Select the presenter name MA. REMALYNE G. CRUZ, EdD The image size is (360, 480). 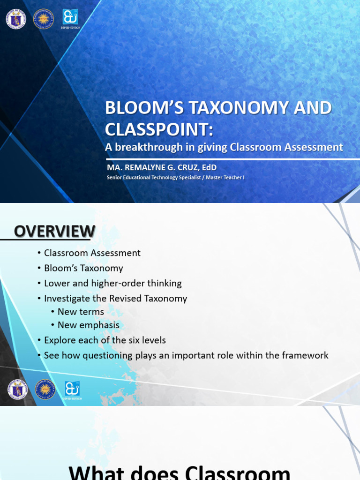(161, 167)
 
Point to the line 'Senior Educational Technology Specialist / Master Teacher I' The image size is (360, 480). (175, 178)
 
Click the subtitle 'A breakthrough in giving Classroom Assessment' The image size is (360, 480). (224, 147)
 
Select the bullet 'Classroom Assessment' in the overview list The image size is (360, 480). (92, 253)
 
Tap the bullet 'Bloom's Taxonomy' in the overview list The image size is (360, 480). (83, 268)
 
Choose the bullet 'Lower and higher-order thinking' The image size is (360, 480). (112, 283)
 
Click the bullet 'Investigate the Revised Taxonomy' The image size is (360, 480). (115, 299)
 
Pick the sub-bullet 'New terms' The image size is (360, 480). (81, 312)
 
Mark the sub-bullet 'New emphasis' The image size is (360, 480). (88, 325)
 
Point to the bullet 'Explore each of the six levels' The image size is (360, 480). (105, 340)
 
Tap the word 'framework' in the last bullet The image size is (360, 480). (305, 355)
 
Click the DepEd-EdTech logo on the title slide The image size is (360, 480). (70, 18)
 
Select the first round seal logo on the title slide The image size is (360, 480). (16, 19)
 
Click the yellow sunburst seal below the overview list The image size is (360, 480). (45, 390)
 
